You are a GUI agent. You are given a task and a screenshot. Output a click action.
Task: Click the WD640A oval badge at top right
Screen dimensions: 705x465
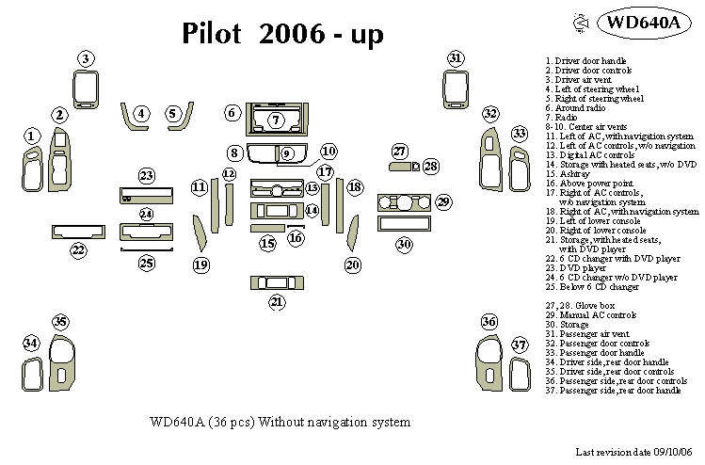644,23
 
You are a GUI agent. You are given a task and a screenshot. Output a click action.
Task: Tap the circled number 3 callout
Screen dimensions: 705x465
86,58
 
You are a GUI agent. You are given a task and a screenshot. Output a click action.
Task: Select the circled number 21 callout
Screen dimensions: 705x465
277,302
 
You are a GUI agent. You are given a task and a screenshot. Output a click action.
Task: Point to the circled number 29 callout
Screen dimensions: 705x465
443,202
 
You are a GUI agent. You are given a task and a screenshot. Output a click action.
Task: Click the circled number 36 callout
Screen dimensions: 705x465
489,321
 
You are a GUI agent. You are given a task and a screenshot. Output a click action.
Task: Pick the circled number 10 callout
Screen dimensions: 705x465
328,152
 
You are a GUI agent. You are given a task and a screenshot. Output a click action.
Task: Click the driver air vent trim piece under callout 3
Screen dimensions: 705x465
86,89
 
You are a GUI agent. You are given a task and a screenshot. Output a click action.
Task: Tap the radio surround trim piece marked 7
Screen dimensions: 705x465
277,120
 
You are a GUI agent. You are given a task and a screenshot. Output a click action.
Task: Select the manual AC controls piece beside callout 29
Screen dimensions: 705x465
404,202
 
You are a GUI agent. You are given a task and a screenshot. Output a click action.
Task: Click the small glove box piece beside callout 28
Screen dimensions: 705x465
416,167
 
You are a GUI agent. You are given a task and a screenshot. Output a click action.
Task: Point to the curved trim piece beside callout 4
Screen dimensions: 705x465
132,118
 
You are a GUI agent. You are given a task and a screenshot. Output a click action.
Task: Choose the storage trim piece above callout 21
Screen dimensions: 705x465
277,283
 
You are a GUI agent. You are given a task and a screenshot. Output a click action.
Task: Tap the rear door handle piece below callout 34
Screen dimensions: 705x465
32,374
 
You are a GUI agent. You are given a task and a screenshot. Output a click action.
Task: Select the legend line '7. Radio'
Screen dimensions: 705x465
561,118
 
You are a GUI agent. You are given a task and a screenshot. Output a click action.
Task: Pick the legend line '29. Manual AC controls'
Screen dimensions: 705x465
591,315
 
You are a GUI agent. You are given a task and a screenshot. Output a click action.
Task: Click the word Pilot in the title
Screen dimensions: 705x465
212,33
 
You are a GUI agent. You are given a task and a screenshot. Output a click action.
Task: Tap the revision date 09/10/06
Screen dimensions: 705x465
673,452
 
